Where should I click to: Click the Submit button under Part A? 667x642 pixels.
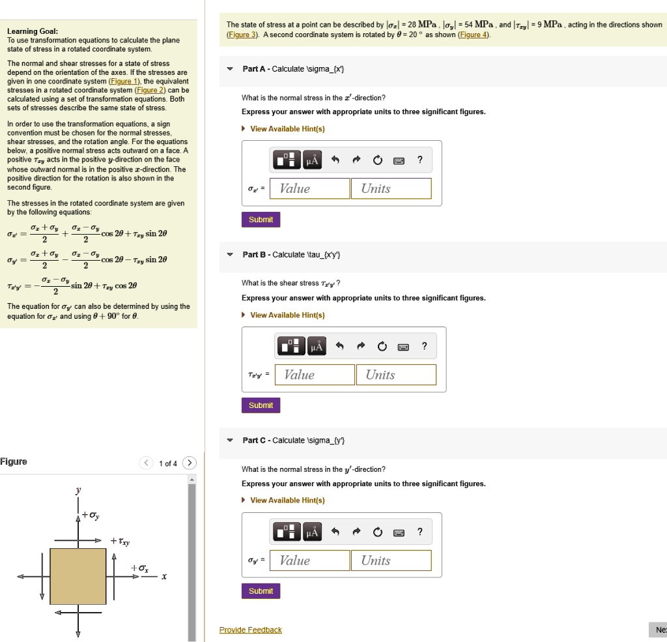[x=261, y=220]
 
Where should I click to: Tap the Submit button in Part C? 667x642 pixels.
[x=261, y=591]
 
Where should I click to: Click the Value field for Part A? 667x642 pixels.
[x=309, y=189]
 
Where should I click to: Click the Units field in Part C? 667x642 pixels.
[x=391, y=561]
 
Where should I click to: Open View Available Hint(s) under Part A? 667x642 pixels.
[x=287, y=128]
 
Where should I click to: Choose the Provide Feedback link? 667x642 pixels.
[x=251, y=630]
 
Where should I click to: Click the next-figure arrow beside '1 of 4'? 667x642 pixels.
[x=189, y=463]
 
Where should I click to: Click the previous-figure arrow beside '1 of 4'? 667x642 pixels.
[x=147, y=463]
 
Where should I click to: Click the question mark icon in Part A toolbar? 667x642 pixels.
[x=419, y=160]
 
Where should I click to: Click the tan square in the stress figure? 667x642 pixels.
[x=78, y=576]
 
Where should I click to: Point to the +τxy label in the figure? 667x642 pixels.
[x=121, y=541]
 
